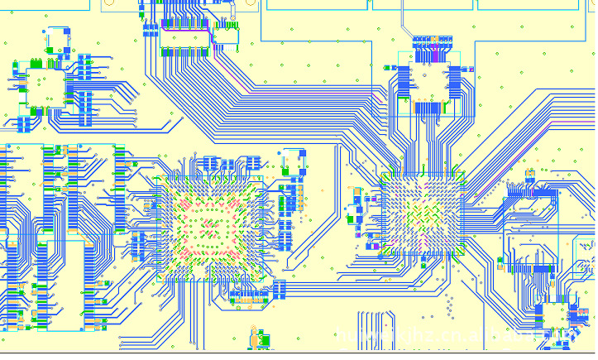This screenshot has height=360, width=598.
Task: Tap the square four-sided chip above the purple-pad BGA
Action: coord(430,80)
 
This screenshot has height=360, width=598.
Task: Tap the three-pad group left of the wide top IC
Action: coord(150,31)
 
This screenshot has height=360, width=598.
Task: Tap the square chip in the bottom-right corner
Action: coord(574,314)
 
